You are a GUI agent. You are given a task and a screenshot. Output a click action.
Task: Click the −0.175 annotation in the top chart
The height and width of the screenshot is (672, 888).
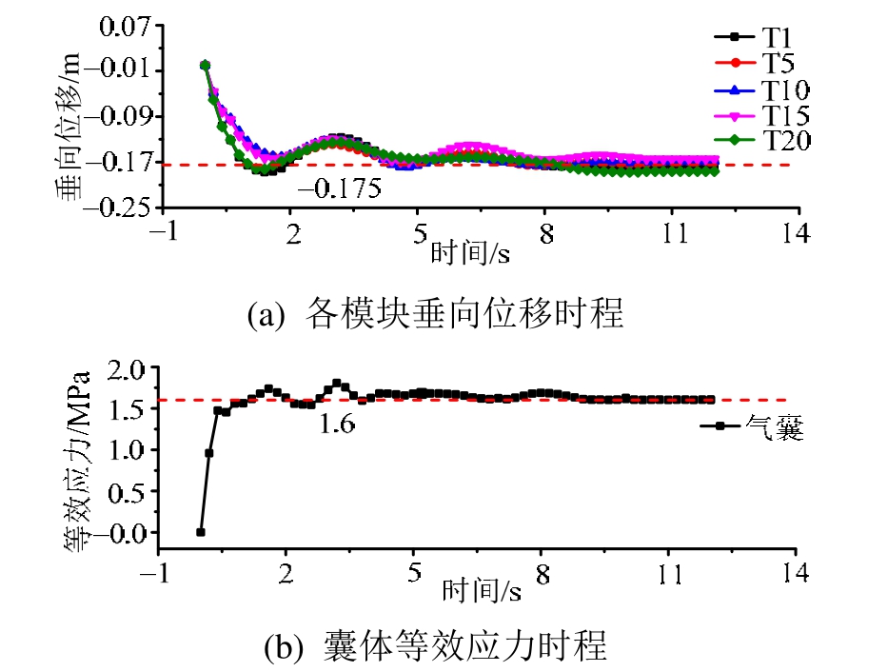coord(339,188)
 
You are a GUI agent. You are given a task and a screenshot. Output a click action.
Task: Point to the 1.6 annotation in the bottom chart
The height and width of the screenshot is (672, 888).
coord(337,424)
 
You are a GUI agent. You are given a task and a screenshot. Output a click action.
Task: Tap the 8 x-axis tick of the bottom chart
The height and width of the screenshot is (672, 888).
coord(541,574)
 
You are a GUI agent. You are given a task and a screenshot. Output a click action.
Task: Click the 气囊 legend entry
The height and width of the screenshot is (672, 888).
coord(775,430)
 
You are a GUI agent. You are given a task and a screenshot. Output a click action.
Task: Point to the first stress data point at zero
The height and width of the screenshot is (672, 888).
coord(200,532)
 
